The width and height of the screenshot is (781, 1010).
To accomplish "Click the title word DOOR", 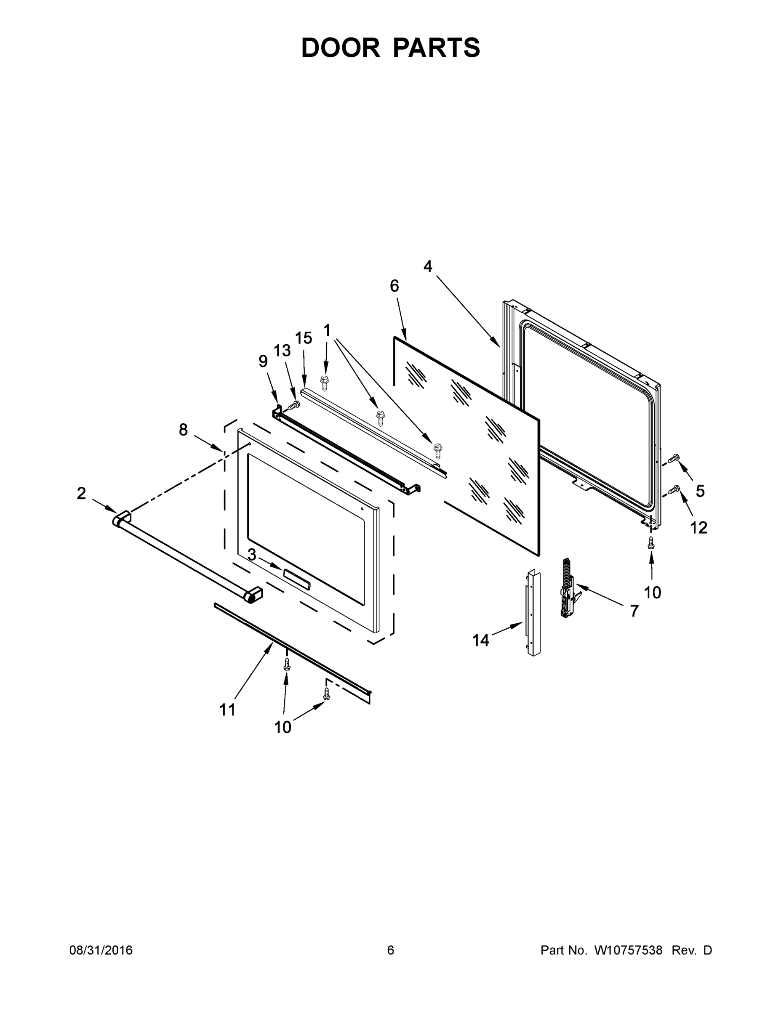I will (x=340, y=48).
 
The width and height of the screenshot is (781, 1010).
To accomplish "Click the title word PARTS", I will (x=436, y=48).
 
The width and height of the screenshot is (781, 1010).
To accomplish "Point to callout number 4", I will (x=427, y=267).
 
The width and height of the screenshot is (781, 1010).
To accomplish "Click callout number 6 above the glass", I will (x=394, y=286).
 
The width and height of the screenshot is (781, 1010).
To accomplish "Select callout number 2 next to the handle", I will (x=81, y=494).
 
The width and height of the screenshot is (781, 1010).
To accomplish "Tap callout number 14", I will (x=481, y=641).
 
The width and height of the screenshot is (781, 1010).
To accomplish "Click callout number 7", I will (x=634, y=611).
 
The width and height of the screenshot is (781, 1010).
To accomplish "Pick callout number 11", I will (x=227, y=710).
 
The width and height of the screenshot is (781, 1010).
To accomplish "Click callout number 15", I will (x=304, y=338).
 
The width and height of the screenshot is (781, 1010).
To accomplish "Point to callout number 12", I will (x=698, y=528).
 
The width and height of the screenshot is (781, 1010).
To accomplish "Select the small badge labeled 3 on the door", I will (x=296, y=580).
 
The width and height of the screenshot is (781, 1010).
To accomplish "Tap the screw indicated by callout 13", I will (x=293, y=406).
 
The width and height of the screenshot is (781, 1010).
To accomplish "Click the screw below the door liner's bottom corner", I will (x=651, y=543).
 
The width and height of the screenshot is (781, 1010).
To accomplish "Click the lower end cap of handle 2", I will (x=253, y=595).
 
